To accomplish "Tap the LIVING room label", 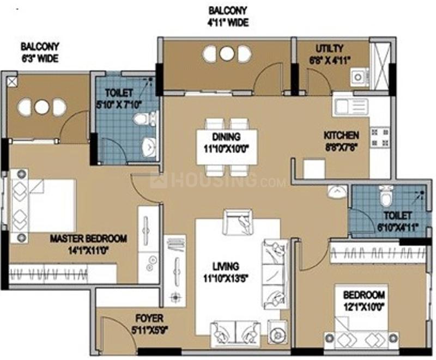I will tap(226, 271).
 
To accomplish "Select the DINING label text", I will tap(226, 142).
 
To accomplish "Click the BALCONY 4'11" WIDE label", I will tap(227, 16).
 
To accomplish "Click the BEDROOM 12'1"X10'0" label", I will tap(365, 300).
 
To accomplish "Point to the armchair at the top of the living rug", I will tap(238, 221).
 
